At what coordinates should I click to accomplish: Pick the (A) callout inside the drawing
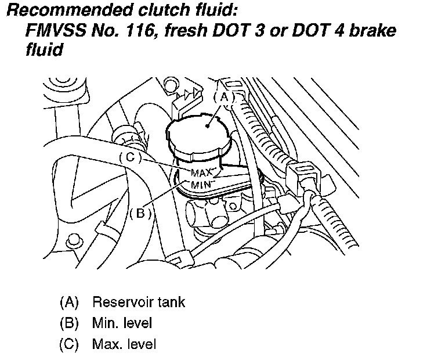225,98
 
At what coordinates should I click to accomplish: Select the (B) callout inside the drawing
140,213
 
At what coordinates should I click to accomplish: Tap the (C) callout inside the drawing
131,157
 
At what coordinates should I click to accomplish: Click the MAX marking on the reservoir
201,172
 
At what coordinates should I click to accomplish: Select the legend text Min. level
121,323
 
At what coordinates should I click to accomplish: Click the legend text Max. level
123,344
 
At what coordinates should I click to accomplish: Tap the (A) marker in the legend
68,303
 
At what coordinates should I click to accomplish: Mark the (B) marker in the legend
68,323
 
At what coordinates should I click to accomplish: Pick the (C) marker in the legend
68,344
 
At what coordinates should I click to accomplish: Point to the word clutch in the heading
157,10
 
